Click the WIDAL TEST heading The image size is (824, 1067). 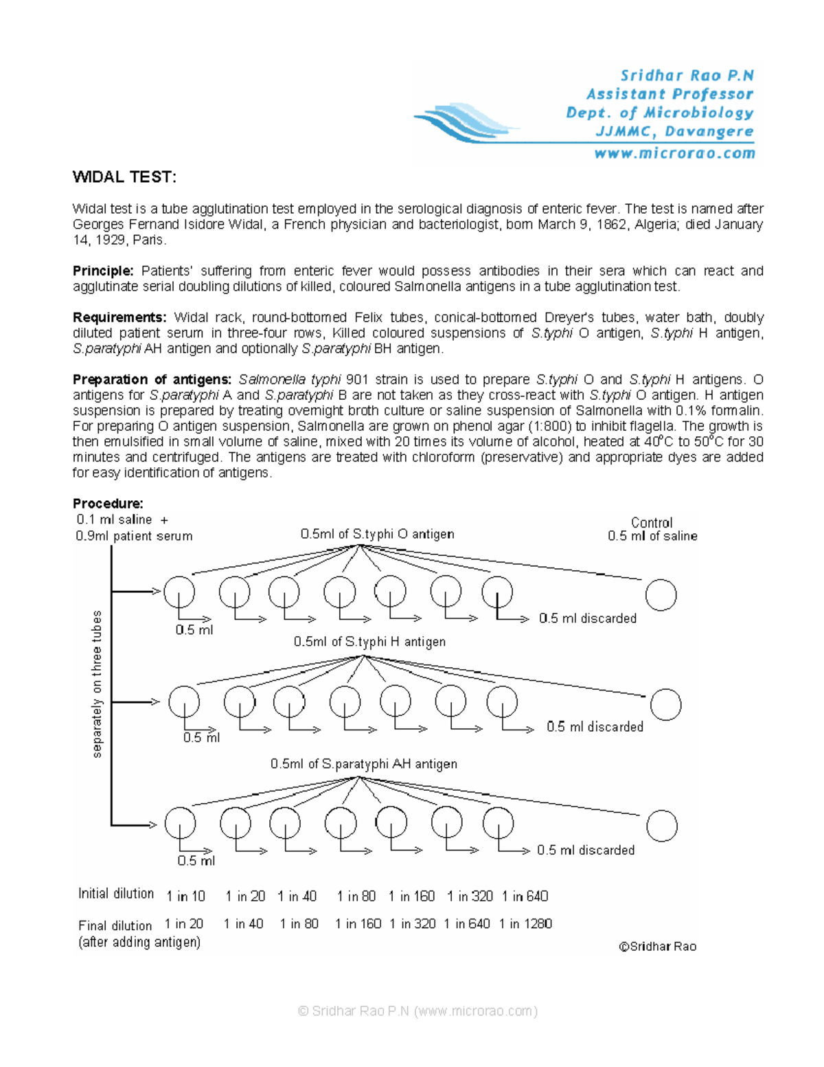(x=124, y=177)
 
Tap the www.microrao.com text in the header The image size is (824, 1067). (x=674, y=153)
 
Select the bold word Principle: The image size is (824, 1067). (x=103, y=271)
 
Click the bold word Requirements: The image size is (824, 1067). (x=119, y=317)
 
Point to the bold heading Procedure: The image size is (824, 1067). (x=108, y=504)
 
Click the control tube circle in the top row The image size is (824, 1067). (x=661, y=595)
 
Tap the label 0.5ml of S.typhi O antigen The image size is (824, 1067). (x=377, y=534)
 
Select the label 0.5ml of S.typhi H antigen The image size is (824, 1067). (x=369, y=642)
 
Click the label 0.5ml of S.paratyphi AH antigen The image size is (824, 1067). (x=363, y=764)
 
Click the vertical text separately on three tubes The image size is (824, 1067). (x=97, y=684)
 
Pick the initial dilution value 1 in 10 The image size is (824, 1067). (x=185, y=896)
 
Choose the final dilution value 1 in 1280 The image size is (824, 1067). (x=525, y=924)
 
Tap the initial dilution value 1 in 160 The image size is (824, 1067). (x=411, y=896)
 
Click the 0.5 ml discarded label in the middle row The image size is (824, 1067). (x=595, y=727)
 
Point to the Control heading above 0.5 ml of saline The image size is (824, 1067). (x=652, y=522)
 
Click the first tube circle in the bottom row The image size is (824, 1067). (x=180, y=822)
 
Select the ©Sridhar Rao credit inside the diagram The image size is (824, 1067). (x=657, y=946)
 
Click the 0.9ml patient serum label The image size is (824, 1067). (x=134, y=536)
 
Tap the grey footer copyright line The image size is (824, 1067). (x=417, y=1011)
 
